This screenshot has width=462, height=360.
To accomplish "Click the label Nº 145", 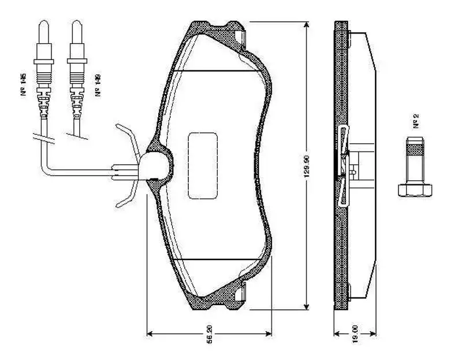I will point(25,84).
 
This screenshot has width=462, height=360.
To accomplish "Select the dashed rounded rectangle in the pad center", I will point(202,165).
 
